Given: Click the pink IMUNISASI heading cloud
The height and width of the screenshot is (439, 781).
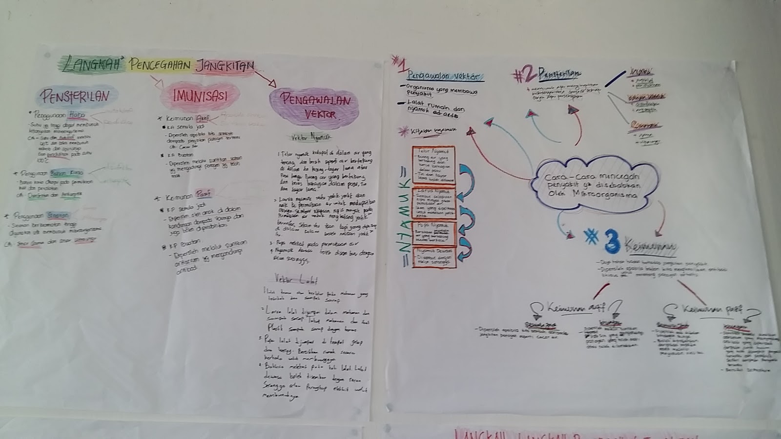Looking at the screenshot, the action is click(200, 96).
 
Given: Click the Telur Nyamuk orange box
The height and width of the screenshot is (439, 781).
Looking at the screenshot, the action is click(433, 164).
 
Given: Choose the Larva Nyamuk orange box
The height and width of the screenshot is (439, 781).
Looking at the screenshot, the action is click(433, 203).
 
